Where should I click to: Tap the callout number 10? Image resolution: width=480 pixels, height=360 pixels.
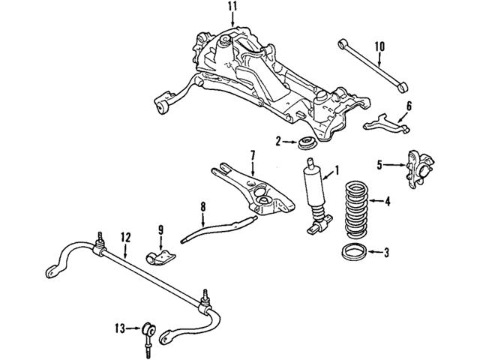point(379,47)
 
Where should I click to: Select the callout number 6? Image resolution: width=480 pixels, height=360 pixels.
point(409,106)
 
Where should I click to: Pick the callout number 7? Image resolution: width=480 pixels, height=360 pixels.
point(253,155)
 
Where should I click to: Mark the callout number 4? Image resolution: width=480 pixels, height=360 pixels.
point(388,201)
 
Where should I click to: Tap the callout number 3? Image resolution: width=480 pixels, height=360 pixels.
point(386,252)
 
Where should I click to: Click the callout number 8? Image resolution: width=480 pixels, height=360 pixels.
point(201,205)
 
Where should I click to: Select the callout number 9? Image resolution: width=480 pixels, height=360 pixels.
point(160,229)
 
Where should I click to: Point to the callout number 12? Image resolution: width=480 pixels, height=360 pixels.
point(126,237)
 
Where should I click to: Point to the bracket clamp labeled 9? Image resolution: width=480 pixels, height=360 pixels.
point(159,254)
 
